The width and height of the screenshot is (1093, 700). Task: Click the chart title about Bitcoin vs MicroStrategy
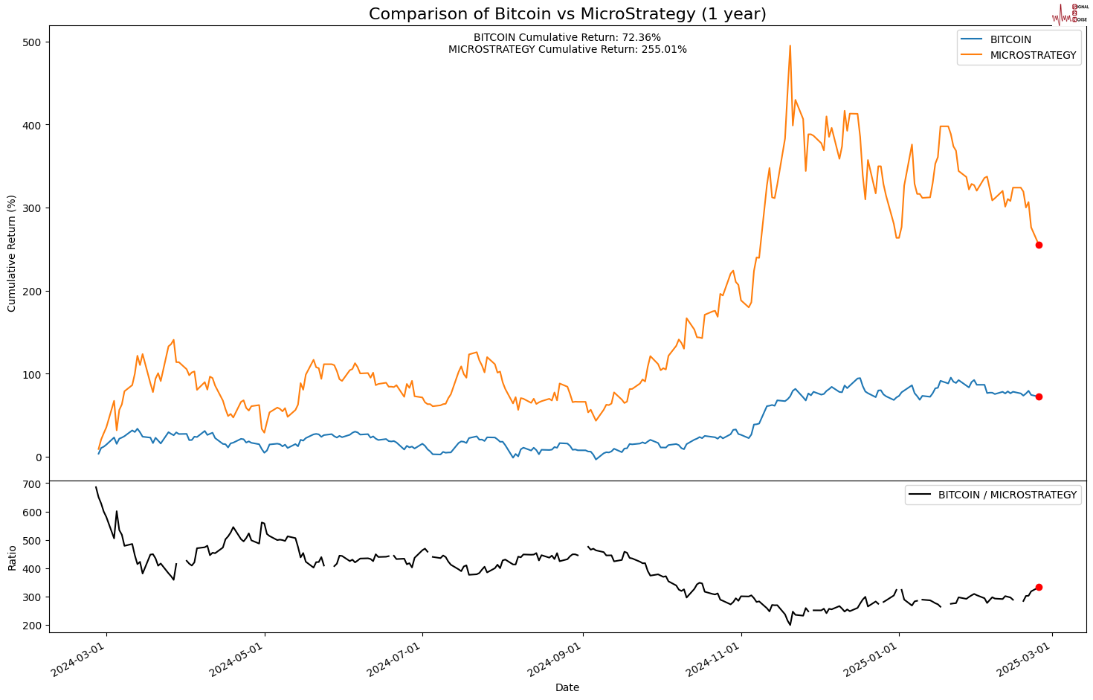[x=567, y=14]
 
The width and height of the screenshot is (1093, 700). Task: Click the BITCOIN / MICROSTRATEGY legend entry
[x=1007, y=495]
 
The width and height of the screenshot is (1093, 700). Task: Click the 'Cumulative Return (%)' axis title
[x=11, y=254]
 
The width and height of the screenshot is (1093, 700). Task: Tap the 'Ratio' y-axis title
[x=11, y=558]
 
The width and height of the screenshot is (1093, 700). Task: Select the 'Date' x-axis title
[x=567, y=688]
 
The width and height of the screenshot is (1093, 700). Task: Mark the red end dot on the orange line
[x=1039, y=245]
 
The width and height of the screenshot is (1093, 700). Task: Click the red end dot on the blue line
[x=1039, y=396]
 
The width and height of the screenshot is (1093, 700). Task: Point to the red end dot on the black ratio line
[x=1039, y=587]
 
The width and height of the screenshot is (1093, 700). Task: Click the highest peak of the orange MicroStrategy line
[x=790, y=46]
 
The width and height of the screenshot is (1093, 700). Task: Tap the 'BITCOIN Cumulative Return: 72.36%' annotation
[x=567, y=37]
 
